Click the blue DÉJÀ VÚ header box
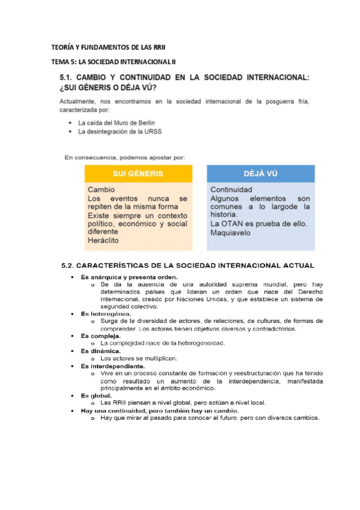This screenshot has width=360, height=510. pos(260,174)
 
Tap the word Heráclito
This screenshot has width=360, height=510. pos(103,240)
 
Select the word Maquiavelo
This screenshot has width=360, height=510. pos(230,233)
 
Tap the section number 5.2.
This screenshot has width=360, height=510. pos(72,265)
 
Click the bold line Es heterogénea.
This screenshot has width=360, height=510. pos(106,314)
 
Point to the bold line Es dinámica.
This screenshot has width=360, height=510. pos(101,351)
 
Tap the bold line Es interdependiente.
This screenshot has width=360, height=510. pos(112,366)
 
